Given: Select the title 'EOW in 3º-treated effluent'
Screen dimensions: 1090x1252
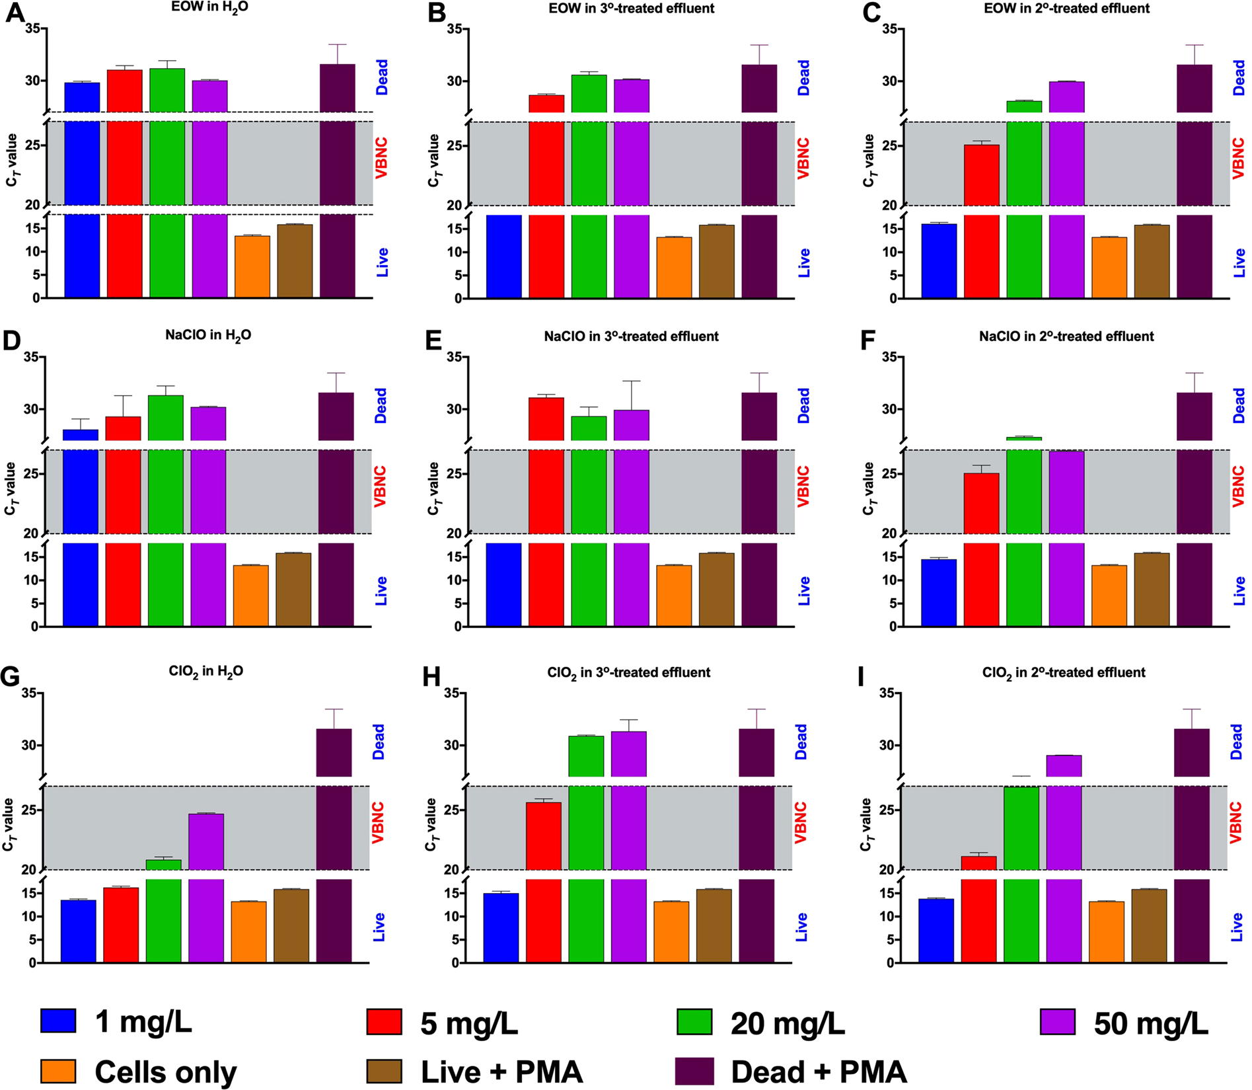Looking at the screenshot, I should point(631,9).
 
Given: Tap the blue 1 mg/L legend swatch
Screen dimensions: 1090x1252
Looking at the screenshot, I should point(58,1021).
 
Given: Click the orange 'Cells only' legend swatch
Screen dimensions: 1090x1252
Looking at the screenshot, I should point(58,1071).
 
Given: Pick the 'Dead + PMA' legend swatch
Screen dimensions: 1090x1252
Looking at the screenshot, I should point(694,1071).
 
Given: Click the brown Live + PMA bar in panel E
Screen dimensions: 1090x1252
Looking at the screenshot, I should point(716,590).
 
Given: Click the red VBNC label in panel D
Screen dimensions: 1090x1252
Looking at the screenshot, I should point(380,487).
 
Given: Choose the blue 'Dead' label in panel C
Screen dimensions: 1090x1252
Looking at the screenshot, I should point(1239,77).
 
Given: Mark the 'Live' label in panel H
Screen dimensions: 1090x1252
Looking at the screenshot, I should point(801,927).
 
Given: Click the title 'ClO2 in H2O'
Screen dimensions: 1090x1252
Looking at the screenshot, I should point(206,672).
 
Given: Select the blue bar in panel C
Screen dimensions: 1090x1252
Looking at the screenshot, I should point(939,261).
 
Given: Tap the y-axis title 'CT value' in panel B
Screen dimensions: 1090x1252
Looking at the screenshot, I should point(433,160).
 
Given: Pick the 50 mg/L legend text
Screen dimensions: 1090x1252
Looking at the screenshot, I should point(1151,1024).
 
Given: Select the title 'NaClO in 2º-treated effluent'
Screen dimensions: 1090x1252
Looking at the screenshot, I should point(1066,336).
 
